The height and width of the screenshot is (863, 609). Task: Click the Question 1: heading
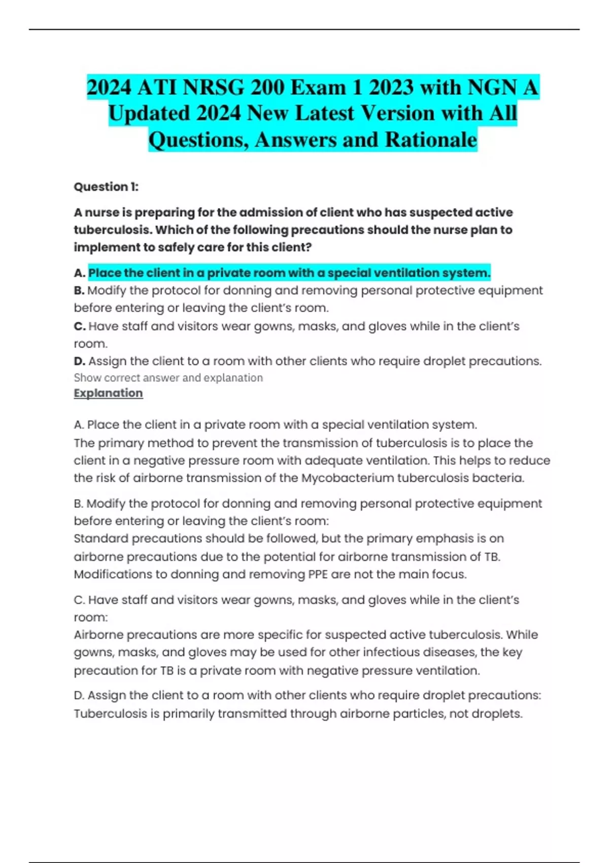click(x=106, y=187)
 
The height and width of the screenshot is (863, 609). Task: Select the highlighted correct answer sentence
click(x=289, y=273)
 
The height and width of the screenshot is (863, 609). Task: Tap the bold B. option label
click(x=79, y=291)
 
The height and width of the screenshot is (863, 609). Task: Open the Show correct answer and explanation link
click(x=168, y=378)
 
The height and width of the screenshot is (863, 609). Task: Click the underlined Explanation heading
click(x=108, y=393)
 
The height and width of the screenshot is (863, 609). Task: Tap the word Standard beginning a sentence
click(x=100, y=539)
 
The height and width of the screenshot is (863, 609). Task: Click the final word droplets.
click(x=496, y=714)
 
